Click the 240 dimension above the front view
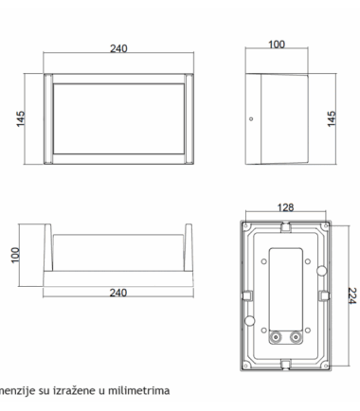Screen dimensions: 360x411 pyautogui.click(x=118, y=48)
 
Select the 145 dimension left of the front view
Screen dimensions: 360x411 pyautogui.click(x=21, y=118)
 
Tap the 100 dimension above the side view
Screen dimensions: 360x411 pyautogui.click(x=277, y=45)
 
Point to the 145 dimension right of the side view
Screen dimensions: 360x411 pyautogui.click(x=332, y=118)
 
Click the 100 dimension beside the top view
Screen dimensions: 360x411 pyautogui.click(x=15, y=255)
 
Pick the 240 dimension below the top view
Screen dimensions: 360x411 pyautogui.click(x=118, y=293)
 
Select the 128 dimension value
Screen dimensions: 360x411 pyautogui.click(x=285, y=207)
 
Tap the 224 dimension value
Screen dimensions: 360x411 pyautogui.click(x=352, y=295)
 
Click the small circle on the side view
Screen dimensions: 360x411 pyautogui.click(x=251, y=119)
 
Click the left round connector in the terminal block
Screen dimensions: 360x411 pyautogui.click(x=277, y=337)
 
